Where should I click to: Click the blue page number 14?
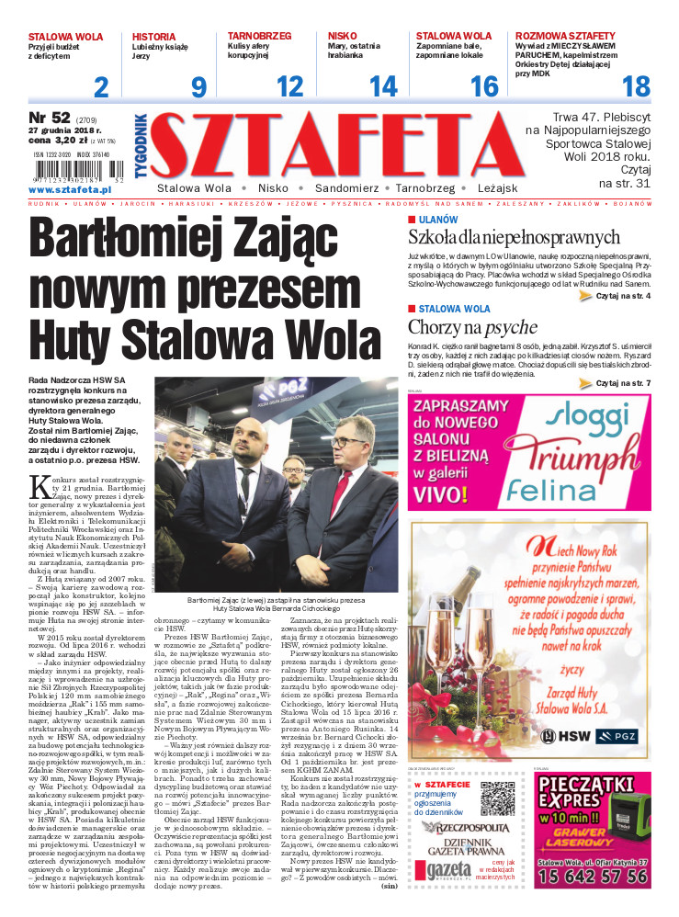(x=382, y=87)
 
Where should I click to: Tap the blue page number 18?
(x=636, y=87)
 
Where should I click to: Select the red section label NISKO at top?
(x=343, y=36)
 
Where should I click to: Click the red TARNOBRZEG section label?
(x=259, y=36)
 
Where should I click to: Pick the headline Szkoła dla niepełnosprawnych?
(x=515, y=238)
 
